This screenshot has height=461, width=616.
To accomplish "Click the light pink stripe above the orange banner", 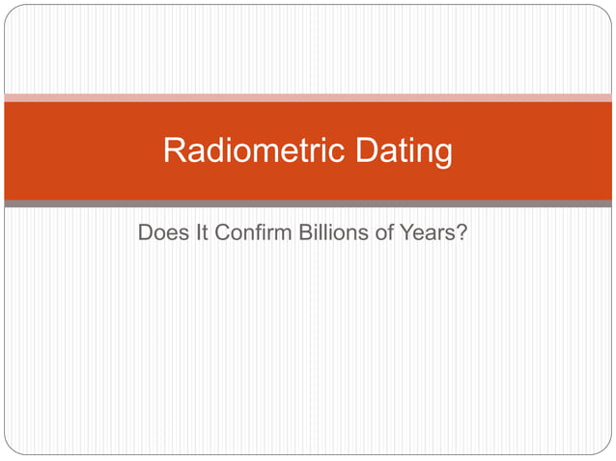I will tap(308, 97).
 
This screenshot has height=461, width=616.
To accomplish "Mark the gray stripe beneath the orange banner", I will tap(308, 203).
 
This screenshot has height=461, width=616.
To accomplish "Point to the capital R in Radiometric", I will tap(175, 151).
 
